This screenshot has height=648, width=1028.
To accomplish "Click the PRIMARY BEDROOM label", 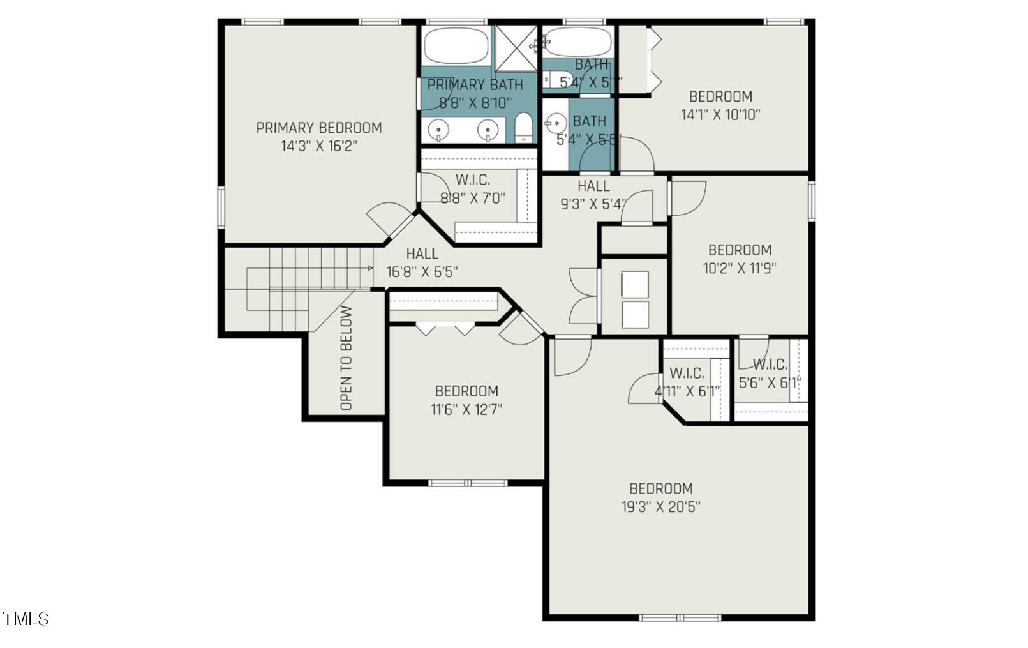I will tap(319, 128).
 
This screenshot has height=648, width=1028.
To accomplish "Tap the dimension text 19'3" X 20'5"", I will tap(660, 508).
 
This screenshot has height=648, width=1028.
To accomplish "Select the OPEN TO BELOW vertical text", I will tap(346, 358).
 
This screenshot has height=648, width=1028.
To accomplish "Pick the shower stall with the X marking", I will tap(518, 47).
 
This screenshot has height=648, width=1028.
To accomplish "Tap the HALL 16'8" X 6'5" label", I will tap(422, 263).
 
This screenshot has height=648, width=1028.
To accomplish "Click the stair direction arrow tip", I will tap(372, 268).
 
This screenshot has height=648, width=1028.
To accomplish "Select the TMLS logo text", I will tap(26, 619).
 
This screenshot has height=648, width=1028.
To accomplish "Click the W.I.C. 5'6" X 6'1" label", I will tap(770, 373).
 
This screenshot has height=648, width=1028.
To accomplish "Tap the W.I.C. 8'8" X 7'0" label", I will tap(473, 189).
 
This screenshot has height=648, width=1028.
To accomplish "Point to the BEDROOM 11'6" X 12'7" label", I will tap(466, 400).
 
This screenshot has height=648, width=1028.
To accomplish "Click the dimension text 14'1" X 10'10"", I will tap(720, 115).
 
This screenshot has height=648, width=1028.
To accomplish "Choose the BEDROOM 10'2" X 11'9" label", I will tap(740, 259).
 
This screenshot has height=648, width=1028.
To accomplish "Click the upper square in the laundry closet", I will tap(634, 284).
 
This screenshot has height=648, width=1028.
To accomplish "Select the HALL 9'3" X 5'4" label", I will tap(593, 195).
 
